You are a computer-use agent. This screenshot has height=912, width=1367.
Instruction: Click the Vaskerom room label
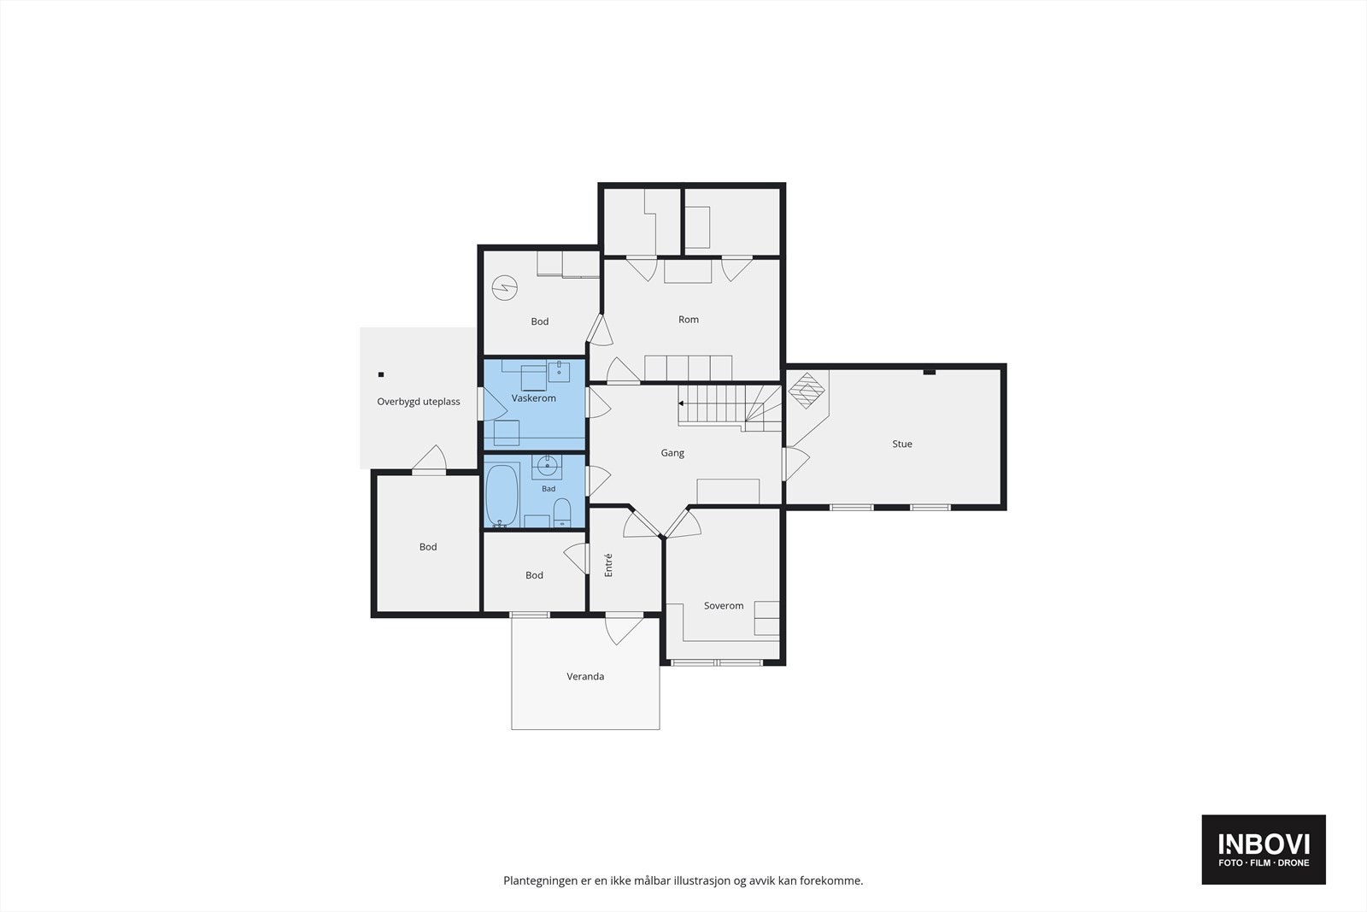point(533,398)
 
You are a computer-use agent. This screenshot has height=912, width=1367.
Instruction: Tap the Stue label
point(902,444)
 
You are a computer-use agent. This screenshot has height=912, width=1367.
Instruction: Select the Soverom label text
point(724,605)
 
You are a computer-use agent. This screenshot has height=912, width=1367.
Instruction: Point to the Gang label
point(672,453)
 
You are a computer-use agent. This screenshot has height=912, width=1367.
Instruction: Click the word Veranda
point(585,676)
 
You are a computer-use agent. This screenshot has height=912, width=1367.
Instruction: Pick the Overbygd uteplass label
point(419,402)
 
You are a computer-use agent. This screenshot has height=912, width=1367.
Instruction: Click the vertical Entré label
point(607,565)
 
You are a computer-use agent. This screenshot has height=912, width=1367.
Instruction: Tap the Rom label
point(689,320)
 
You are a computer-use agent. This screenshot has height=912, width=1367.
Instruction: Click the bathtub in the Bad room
point(502,495)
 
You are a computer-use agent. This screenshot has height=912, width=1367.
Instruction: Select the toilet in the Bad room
point(562,512)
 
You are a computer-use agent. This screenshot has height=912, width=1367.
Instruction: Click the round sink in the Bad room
point(547,467)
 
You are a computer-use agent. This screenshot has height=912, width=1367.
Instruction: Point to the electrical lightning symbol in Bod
point(505,288)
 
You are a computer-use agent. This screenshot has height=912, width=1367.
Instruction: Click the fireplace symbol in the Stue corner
point(807,391)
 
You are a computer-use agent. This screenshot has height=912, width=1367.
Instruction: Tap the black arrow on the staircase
point(681,403)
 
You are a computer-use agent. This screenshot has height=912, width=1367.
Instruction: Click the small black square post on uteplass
point(381,375)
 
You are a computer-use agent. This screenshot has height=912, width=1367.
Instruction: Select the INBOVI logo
point(1264,849)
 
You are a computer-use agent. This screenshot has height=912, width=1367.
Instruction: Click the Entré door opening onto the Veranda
point(625,629)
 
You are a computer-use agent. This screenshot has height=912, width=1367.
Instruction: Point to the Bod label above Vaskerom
point(539,321)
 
